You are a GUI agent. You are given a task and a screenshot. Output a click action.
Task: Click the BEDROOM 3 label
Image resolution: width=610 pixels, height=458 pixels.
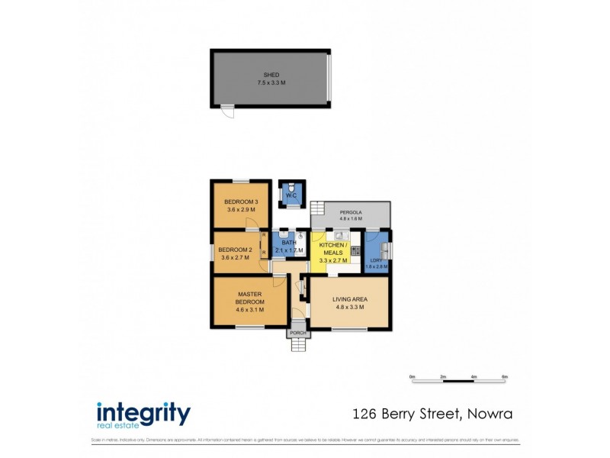pyautogui.click(x=241, y=202)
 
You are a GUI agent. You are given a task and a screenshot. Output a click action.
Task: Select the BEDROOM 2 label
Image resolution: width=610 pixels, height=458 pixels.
pyautogui.click(x=235, y=250)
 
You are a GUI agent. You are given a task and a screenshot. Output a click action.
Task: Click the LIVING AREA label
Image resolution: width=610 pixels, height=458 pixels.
pyautogui.click(x=349, y=299)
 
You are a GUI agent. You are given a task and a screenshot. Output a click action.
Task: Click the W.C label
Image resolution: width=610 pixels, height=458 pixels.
pyautogui.click(x=291, y=197)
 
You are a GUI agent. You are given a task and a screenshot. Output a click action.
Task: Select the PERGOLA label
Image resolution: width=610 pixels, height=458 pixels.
pyautogui.click(x=351, y=211)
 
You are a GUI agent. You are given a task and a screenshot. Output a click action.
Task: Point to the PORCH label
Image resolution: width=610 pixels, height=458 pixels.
pyautogui.click(x=297, y=334)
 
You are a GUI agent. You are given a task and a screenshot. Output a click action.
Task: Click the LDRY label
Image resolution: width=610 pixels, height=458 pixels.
pyautogui.click(x=376, y=260)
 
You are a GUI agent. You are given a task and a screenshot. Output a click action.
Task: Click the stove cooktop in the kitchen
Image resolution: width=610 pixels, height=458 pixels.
pyautogui.click(x=355, y=248)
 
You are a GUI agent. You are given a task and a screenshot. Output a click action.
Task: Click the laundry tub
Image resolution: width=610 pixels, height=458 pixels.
pyautogui.click(x=385, y=250)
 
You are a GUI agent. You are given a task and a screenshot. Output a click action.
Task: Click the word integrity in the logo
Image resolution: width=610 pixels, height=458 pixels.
pyautogui.click(x=143, y=414)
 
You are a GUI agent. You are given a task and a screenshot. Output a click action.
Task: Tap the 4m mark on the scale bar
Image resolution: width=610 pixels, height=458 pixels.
pyautogui.click(x=474, y=377)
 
